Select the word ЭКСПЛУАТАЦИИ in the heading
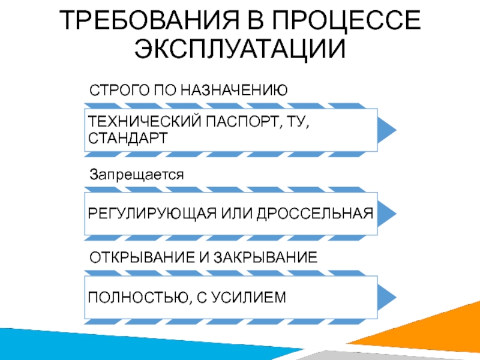240,50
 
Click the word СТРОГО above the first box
118,91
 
